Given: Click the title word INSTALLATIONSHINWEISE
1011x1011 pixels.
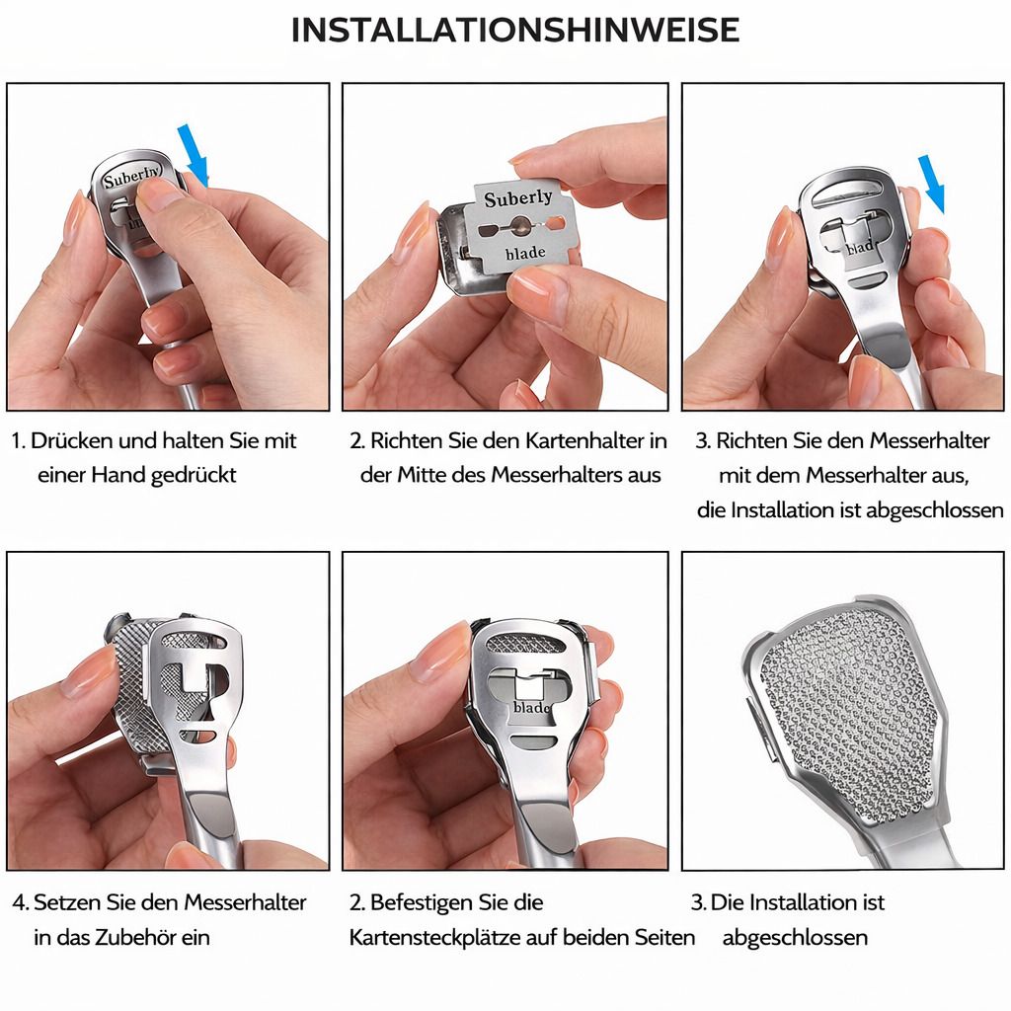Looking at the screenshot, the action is click(515, 31).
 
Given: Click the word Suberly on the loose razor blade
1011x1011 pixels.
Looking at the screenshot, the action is click(518, 197).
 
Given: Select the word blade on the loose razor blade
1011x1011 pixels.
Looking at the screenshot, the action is click(525, 253).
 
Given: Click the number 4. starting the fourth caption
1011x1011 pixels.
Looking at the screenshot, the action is click(20, 902).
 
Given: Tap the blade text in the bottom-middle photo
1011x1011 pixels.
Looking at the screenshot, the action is click(530, 707).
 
